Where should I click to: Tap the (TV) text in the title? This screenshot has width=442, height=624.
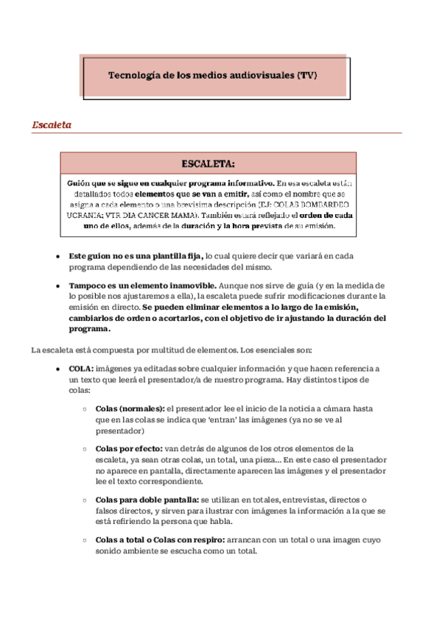(309, 75)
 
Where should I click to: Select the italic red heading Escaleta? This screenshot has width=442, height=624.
(52, 124)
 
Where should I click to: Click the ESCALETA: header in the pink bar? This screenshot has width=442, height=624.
(208, 163)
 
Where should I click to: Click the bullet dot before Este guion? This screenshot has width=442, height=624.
(58, 256)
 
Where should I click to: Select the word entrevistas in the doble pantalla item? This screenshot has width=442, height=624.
(298, 499)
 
